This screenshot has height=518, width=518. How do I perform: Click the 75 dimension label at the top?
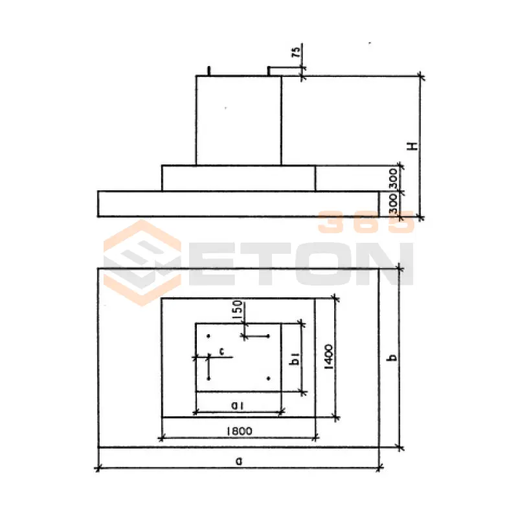(x=297, y=52)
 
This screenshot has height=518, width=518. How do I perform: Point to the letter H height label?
(x=412, y=146)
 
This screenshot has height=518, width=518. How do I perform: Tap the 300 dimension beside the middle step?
(x=392, y=179)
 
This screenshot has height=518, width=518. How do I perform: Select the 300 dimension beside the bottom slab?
(x=392, y=204)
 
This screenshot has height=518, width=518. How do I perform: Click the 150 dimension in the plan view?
(x=238, y=310)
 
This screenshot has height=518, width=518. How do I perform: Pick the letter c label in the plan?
(x=221, y=351)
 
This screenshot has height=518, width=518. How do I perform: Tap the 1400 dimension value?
(x=329, y=357)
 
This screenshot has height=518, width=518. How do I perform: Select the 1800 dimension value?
(x=240, y=431)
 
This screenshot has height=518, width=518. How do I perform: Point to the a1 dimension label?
(x=237, y=405)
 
